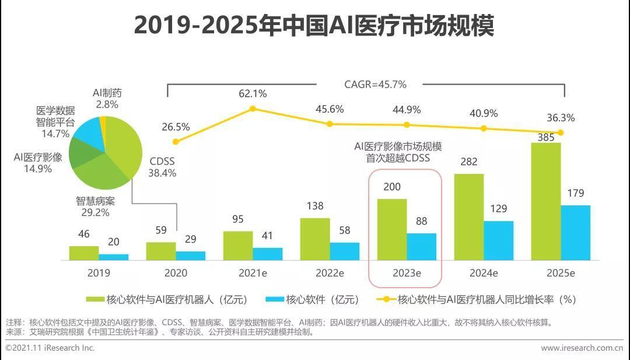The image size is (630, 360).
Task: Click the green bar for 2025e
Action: coord(545,201)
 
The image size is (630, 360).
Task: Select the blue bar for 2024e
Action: coord(499,240)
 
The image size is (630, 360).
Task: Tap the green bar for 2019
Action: coord(84,253)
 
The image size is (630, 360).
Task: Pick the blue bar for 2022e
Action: coord(345,251)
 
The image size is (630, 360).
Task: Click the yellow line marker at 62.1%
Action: coord(253,109)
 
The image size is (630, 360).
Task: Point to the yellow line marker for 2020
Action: coord(176,141)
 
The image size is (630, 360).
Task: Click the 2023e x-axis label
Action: coord(406,272)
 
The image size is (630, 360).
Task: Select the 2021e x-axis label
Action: coord(253,272)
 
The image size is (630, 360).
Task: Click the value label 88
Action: coord(421,222)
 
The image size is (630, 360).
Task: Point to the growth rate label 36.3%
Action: coord(560,118)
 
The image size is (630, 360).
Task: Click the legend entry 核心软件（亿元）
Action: coord(312,300)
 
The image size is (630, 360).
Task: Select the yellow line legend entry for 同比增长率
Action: coord(475,300)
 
